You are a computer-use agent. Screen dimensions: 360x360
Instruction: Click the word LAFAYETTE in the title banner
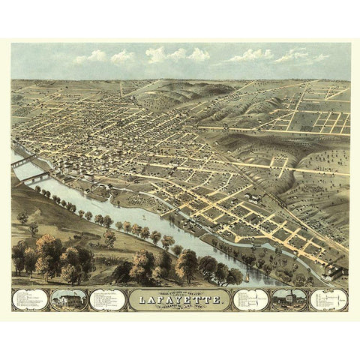point(180,301)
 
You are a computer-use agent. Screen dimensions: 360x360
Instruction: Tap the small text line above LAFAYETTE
point(180,291)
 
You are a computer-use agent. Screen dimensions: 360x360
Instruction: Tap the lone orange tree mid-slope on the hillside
point(109,238)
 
